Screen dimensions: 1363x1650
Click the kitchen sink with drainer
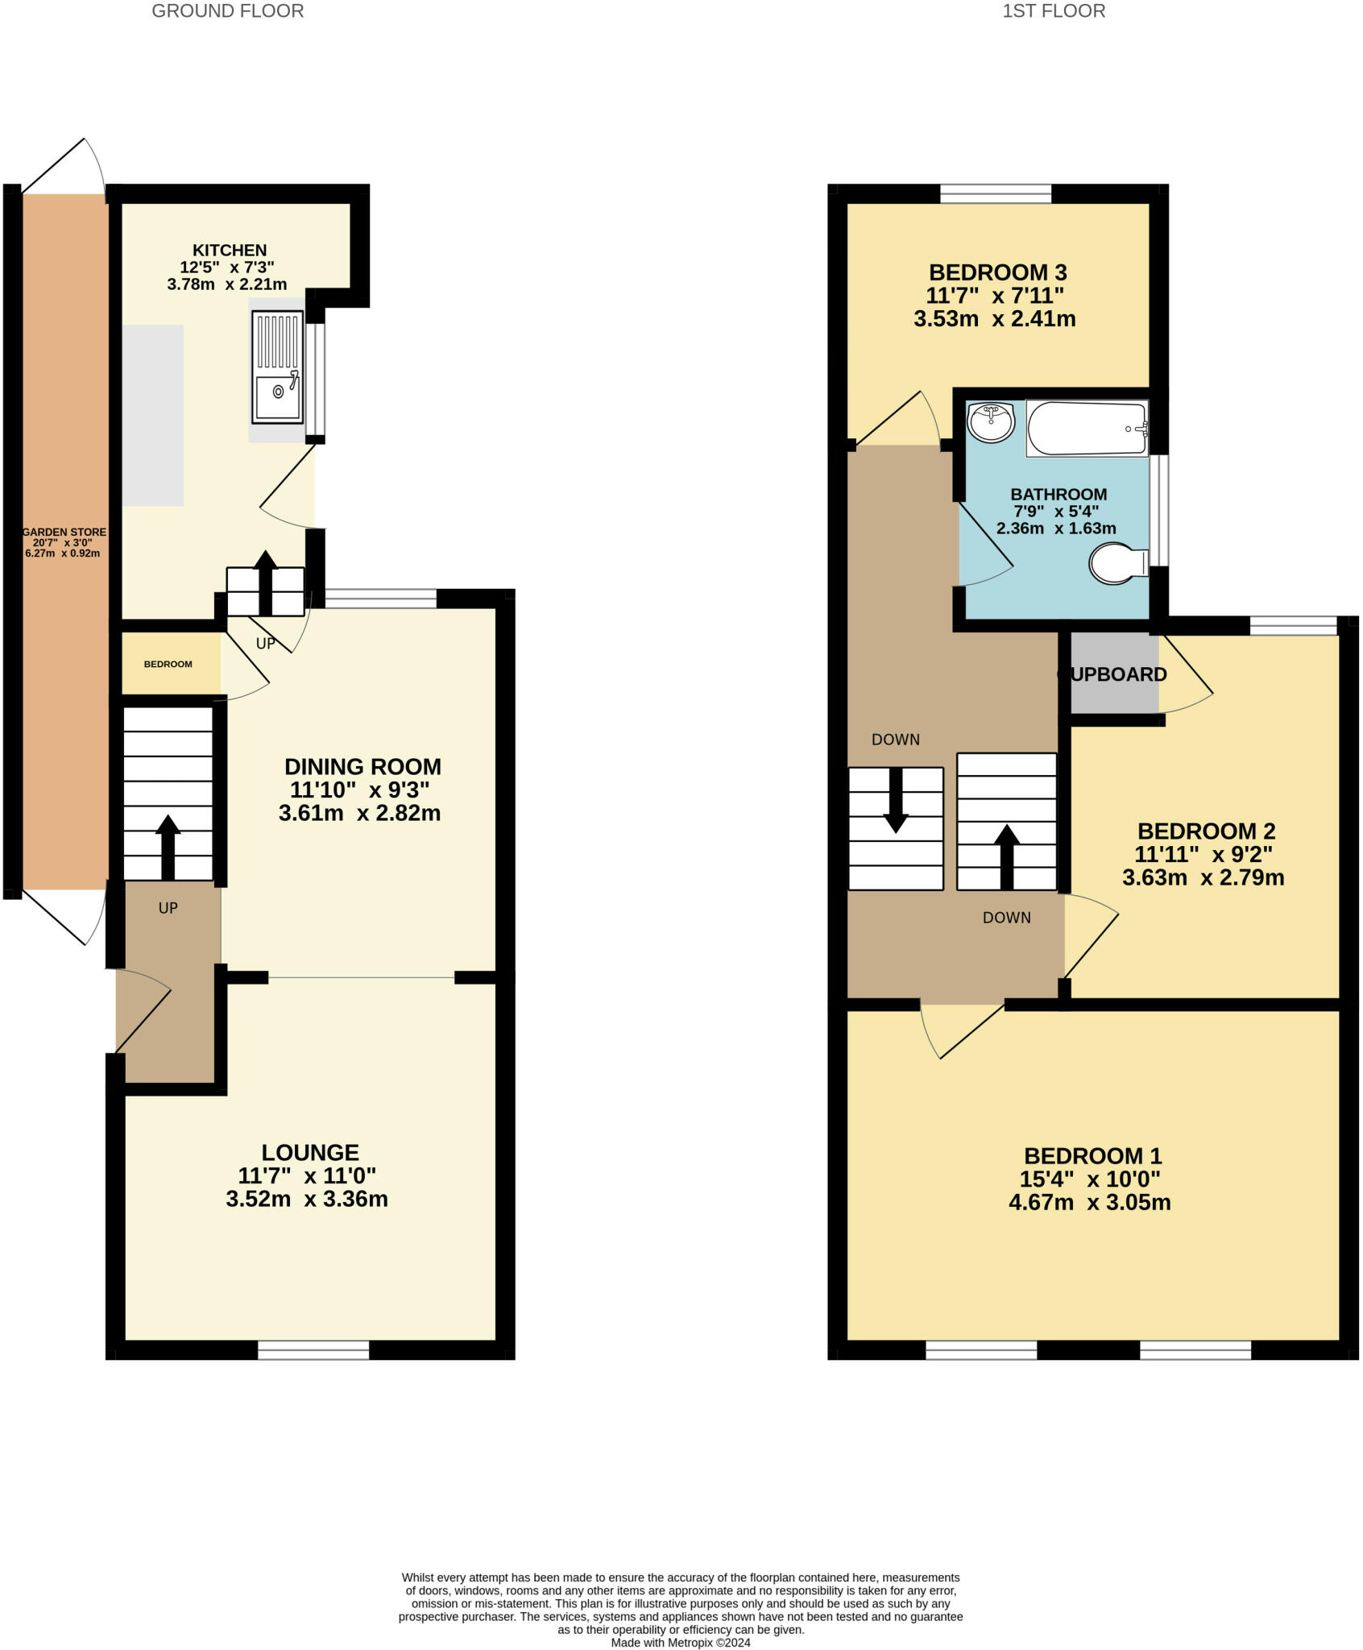click(278, 368)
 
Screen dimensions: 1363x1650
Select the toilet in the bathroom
click(1119, 563)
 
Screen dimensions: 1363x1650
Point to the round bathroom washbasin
click(991, 423)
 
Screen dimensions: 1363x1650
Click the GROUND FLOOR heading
click(228, 11)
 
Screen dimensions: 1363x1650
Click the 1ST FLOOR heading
click(1054, 11)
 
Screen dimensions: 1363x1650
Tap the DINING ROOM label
click(362, 766)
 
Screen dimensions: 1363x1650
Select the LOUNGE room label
click(310, 1153)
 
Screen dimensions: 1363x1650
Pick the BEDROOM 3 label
click(998, 272)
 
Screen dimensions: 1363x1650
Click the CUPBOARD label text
click(1112, 674)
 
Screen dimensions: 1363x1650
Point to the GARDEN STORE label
click(64, 533)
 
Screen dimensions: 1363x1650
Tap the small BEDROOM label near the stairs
click(168, 665)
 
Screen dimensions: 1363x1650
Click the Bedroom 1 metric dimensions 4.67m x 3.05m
click(1090, 1203)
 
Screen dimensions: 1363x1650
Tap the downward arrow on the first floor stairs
click(896, 800)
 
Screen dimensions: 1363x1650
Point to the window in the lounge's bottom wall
click(313, 1350)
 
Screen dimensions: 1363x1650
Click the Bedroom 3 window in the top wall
click(996, 193)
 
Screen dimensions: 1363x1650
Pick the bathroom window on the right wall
click(1159, 511)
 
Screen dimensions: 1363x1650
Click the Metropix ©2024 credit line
click(681, 1643)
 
